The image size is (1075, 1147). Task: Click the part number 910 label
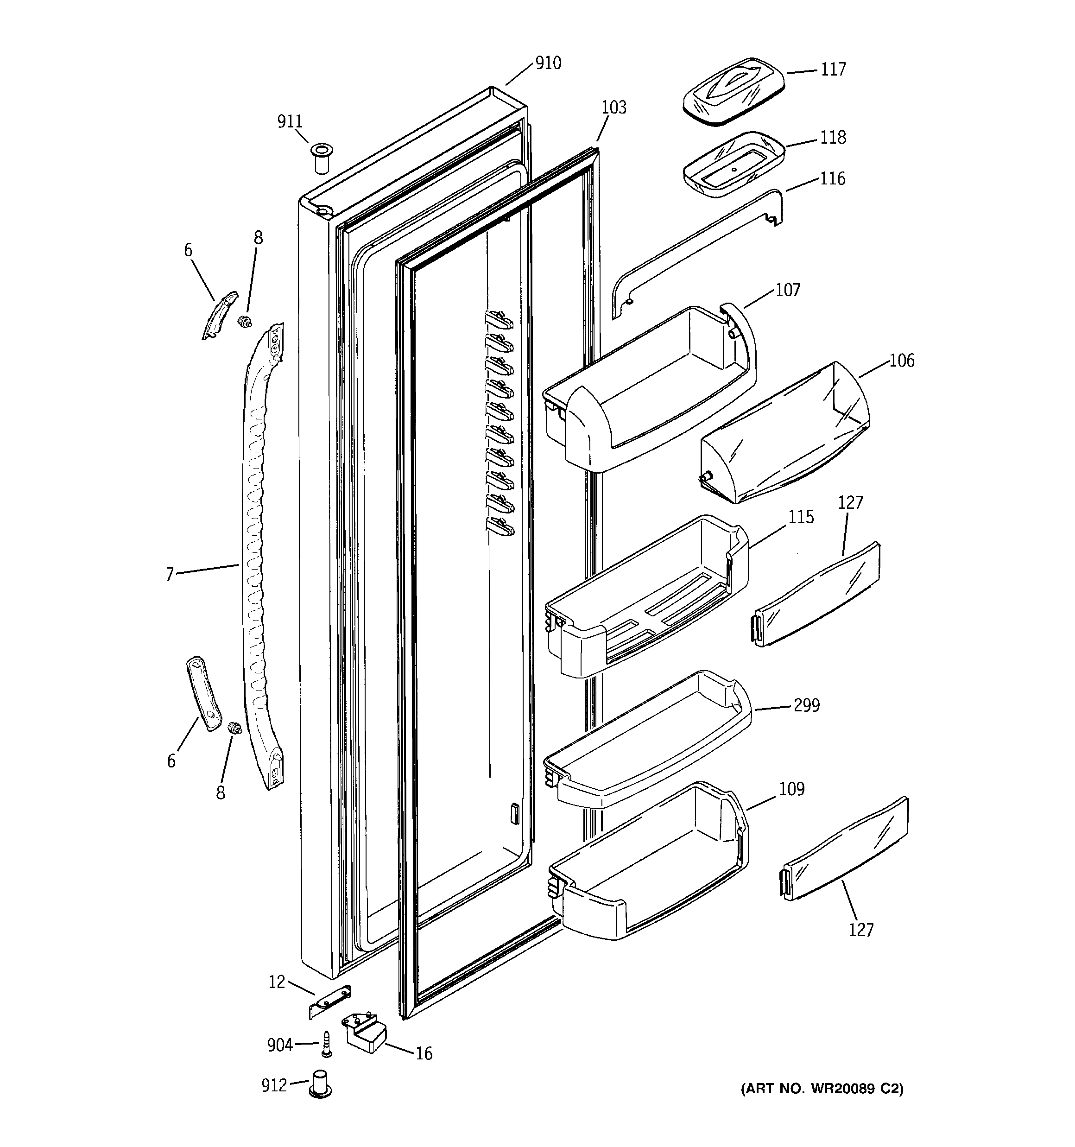(x=548, y=63)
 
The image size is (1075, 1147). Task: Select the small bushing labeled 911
(x=322, y=157)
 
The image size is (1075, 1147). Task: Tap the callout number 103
(x=613, y=108)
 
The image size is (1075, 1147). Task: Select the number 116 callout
(x=833, y=179)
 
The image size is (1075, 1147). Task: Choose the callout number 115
(x=801, y=517)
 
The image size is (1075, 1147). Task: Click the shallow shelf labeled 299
(x=646, y=744)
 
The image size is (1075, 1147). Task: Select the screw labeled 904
(x=326, y=1044)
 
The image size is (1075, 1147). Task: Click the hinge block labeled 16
(x=365, y=1036)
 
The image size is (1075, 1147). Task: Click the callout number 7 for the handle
(x=170, y=574)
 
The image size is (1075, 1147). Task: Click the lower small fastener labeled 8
(x=235, y=729)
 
